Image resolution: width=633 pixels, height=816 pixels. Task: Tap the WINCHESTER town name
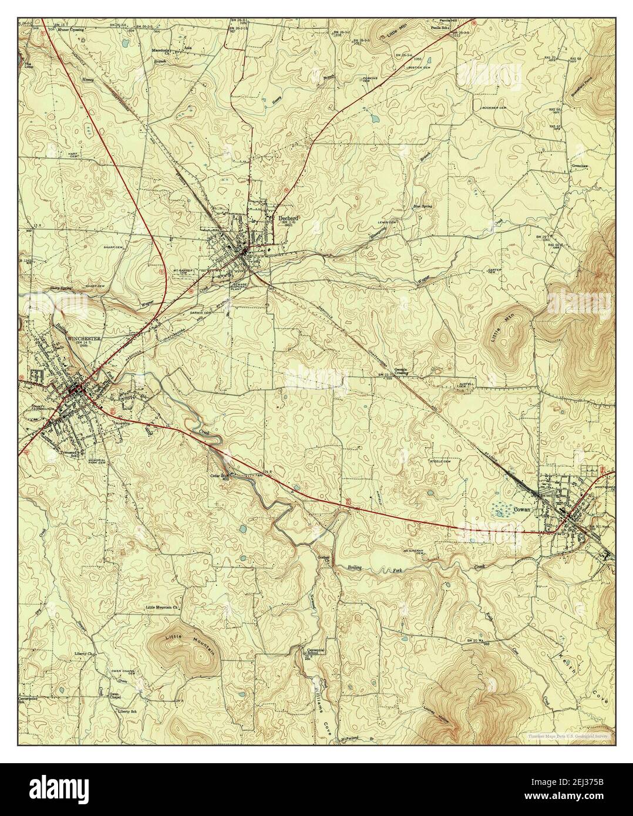click(85, 339)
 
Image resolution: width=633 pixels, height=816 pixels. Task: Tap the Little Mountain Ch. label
click(166, 608)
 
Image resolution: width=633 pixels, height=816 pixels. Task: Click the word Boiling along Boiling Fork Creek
click(353, 568)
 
